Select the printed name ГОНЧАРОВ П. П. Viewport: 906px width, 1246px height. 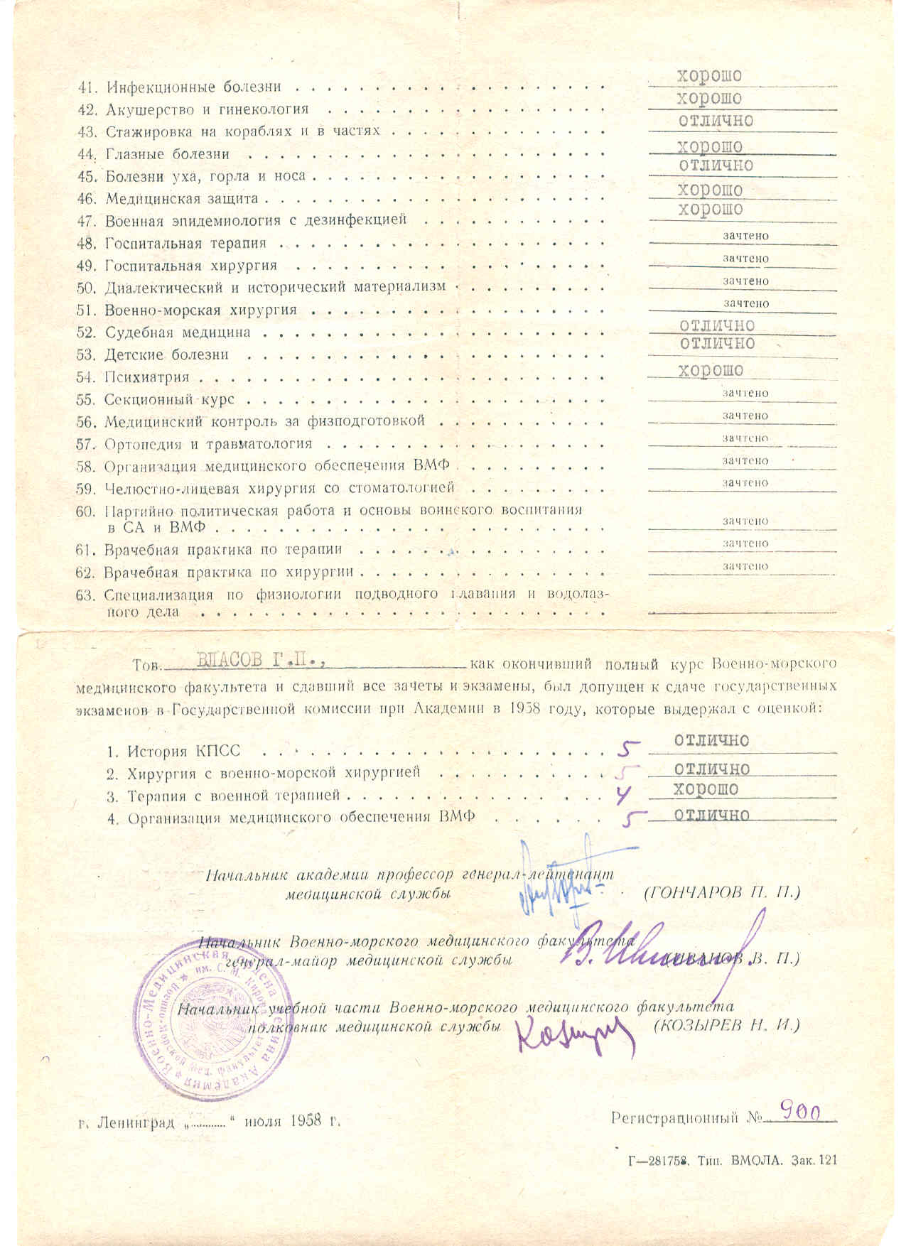pyautogui.click(x=722, y=892)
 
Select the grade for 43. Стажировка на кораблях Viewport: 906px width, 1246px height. pyautogui.click(x=715, y=121)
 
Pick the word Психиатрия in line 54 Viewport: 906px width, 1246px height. pyautogui.click(x=147, y=377)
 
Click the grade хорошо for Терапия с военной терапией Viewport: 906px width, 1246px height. pyautogui.click(x=706, y=789)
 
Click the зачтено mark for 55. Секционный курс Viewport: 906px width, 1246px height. pyautogui.click(x=745, y=393)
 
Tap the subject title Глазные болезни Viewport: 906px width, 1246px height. pyautogui.click(x=168, y=154)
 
